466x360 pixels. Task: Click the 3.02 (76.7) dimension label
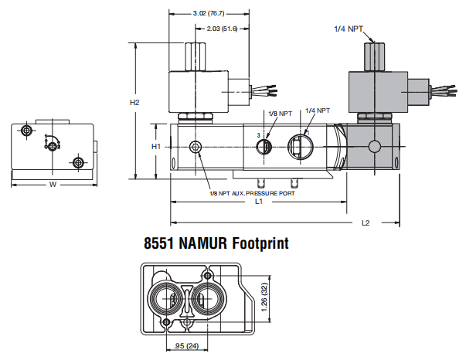tap(209, 13)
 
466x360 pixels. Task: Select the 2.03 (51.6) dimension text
tap(222, 29)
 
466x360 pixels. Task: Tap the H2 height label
tap(134, 103)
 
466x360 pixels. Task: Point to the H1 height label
tap(156, 147)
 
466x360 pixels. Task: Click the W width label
tap(53, 185)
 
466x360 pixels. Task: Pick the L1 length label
tap(259, 202)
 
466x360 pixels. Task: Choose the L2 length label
tap(366, 222)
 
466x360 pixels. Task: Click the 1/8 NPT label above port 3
tap(281, 114)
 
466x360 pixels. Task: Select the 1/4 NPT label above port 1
tap(318, 110)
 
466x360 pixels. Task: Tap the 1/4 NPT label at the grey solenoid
tap(349, 29)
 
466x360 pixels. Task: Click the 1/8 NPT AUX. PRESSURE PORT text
tap(252, 193)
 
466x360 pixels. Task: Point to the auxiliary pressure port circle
tap(196, 147)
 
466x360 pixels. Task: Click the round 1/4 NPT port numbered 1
tap(301, 147)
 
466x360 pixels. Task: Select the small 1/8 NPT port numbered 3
tap(264, 147)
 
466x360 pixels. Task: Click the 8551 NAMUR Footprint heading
tap(216, 243)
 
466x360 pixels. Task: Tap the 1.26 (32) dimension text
tap(264, 297)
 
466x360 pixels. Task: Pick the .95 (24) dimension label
tap(186, 346)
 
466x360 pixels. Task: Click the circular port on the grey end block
tap(375, 147)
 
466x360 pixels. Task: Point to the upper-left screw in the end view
tap(26, 130)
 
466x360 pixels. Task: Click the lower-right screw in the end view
tap(78, 162)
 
